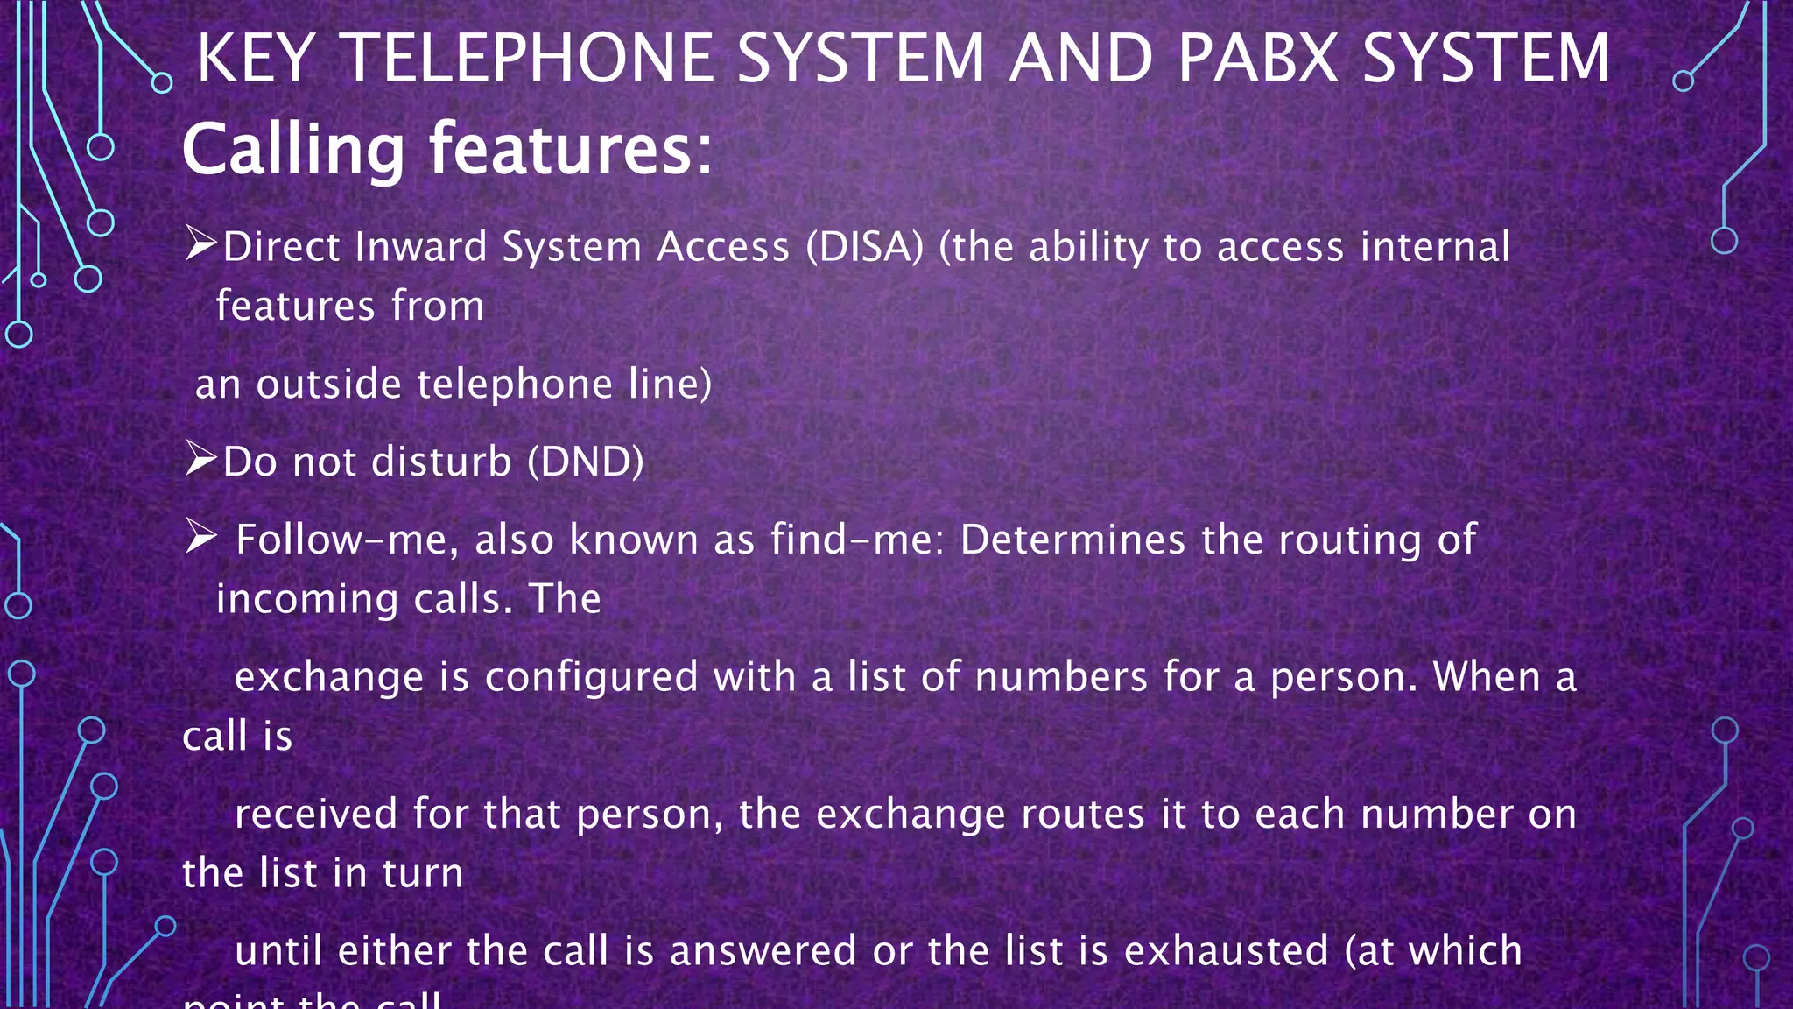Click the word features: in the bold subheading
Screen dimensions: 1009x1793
tap(571, 149)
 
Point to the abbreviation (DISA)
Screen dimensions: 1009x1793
tap(865, 247)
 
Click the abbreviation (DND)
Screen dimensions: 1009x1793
tap(586, 462)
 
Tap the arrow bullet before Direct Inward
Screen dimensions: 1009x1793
tap(200, 244)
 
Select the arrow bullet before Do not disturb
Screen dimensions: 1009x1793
tap(200, 459)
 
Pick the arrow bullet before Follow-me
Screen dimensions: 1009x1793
tap(200, 537)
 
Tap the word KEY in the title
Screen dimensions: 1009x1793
tap(255, 59)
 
